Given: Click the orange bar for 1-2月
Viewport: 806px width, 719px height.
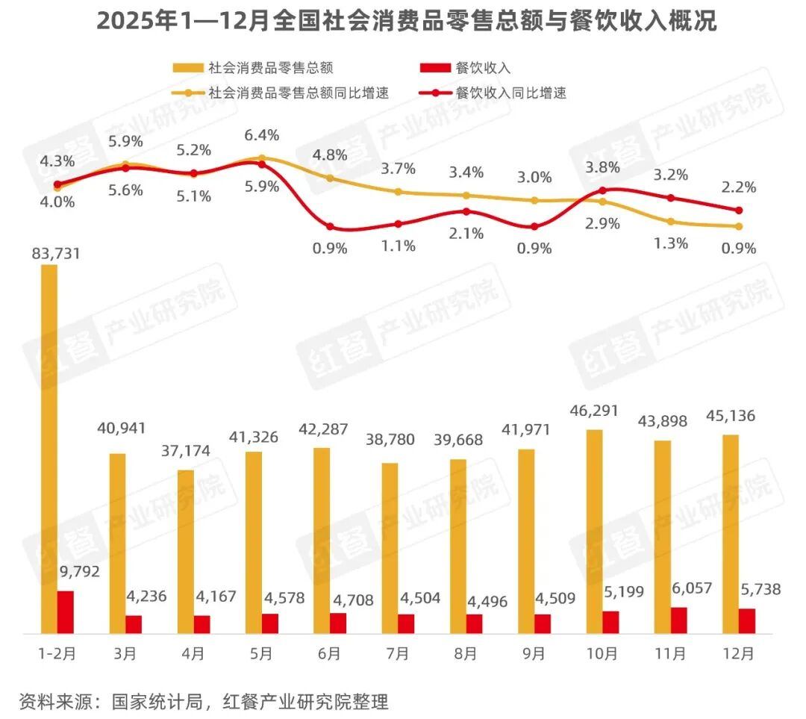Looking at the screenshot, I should tap(49, 448).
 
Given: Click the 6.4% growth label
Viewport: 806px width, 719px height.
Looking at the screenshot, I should tap(261, 135).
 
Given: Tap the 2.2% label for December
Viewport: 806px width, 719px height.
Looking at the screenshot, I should tap(739, 187).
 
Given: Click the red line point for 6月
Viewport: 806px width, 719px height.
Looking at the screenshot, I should tap(330, 226).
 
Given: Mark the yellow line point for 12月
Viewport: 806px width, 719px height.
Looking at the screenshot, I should tap(739, 226).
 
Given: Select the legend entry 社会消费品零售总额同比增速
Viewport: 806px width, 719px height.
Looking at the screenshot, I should tap(299, 93).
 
